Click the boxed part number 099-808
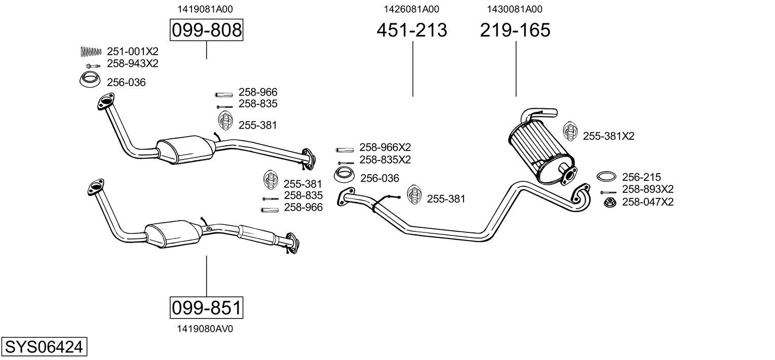pyautogui.click(x=206, y=30)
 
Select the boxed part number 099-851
pyautogui.click(x=206, y=307)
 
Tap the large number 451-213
pyautogui.click(x=412, y=30)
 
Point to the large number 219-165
pyautogui.click(x=515, y=30)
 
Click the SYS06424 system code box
pyautogui.click(x=44, y=347)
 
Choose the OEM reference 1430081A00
pyautogui.click(x=515, y=9)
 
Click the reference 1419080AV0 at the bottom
pyautogui.click(x=205, y=329)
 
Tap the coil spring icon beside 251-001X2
pyautogui.click(x=91, y=51)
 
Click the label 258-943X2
pyautogui.click(x=133, y=63)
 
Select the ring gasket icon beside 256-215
pyautogui.click(x=606, y=177)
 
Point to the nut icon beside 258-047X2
pyautogui.click(x=609, y=203)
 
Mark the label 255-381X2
pyautogui.click(x=608, y=136)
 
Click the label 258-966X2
pyautogui.click(x=385, y=147)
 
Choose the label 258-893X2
pyautogui.click(x=647, y=189)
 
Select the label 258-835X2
pyautogui.click(x=385, y=159)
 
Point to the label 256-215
pyautogui.click(x=641, y=177)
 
